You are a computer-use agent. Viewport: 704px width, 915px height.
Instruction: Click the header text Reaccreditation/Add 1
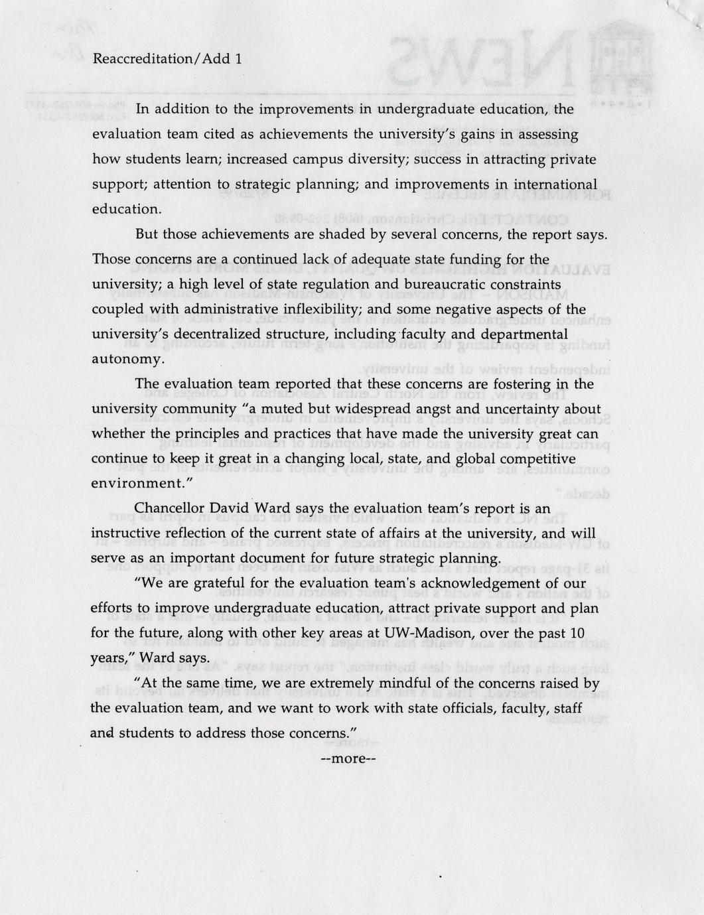[x=167, y=58]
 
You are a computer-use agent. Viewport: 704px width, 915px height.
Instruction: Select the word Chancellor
[x=167, y=508]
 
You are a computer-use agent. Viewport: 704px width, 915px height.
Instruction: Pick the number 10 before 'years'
[x=577, y=633]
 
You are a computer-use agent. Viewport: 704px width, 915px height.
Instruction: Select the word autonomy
[x=126, y=359]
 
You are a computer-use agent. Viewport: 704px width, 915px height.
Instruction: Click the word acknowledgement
[x=484, y=583]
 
